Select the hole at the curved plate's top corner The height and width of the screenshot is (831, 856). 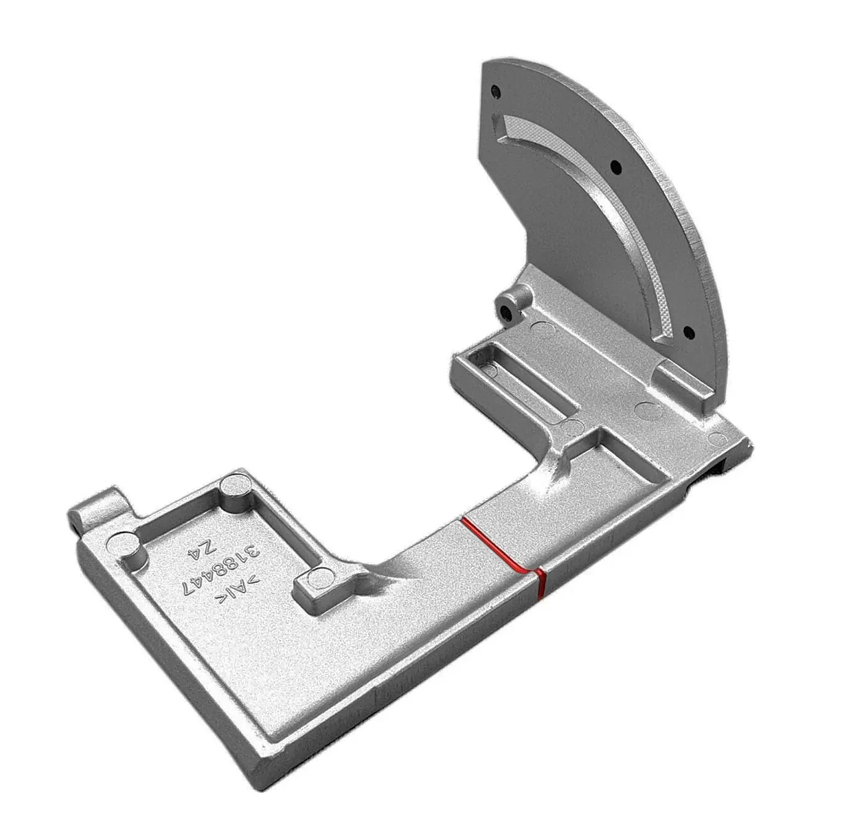[496, 92]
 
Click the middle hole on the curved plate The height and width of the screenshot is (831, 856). [616, 167]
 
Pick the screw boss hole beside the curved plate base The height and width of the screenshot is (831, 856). [507, 314]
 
